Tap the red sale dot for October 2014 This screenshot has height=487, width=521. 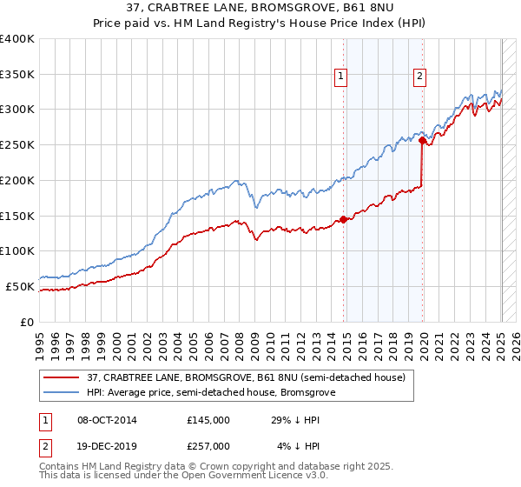point(344,219)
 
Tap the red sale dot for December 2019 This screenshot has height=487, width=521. point(422,139)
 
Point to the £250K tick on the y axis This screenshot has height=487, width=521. point(18,144)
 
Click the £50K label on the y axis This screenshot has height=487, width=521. point(21,286)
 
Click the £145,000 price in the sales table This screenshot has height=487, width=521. point(208,420)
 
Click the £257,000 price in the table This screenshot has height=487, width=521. point(208,446)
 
